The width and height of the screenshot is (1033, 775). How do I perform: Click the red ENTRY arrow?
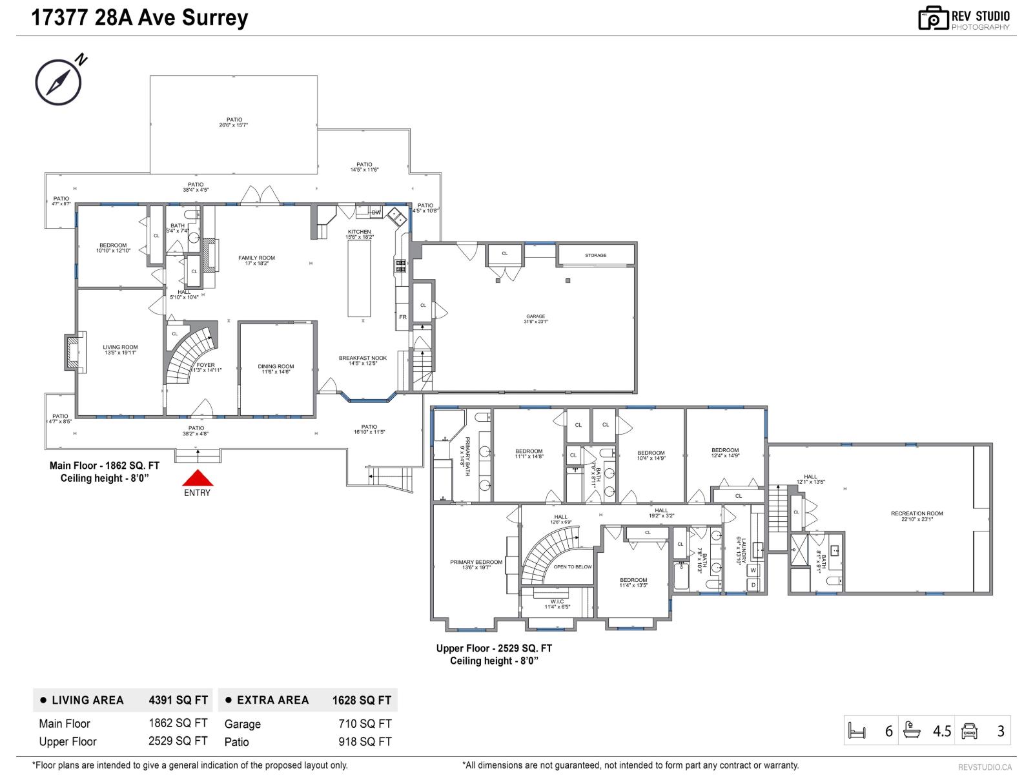197,479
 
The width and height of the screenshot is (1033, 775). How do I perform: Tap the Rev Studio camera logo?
933,18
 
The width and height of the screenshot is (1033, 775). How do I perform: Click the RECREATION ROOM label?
917,516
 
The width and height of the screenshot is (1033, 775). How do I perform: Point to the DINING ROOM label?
276,369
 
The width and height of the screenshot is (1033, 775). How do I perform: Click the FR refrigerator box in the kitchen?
403,317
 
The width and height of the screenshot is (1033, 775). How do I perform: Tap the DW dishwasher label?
376,212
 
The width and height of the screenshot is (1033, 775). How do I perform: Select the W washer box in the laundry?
753,570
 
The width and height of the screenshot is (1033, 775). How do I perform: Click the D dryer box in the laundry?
753,585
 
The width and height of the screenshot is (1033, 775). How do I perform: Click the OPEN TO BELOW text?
573,567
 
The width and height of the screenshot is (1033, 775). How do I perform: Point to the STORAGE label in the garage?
595,255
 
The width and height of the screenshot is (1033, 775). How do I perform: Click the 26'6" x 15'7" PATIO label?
234,122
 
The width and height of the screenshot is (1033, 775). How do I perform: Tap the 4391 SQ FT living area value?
178,700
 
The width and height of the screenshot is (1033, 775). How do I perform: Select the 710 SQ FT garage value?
365,724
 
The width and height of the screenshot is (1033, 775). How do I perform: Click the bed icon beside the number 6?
857,731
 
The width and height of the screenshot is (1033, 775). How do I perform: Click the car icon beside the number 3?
969,731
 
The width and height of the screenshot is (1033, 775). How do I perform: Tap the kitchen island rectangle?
360,279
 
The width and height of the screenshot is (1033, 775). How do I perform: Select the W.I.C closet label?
557,604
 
